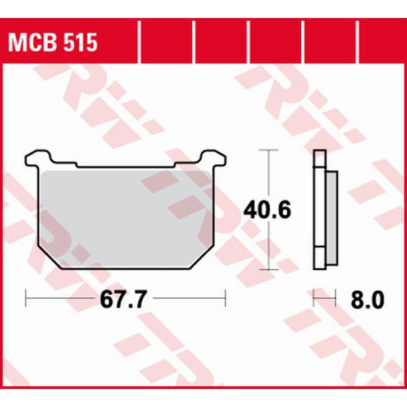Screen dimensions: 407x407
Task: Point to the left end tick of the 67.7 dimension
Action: pos(26,299)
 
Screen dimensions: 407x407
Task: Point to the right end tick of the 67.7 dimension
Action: pos(225,299)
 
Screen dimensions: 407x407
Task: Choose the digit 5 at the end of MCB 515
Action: pos(91,42)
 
